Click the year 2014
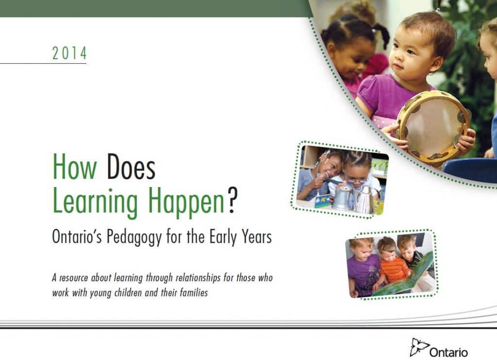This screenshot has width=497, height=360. [69, 53]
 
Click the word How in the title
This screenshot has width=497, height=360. [74, 167]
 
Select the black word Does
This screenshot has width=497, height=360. [131, 167]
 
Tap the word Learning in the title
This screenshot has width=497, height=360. [95, 202]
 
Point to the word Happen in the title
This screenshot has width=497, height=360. [186, 202]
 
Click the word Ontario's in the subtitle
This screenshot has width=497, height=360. [77, 237]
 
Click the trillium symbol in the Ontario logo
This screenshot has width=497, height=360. [419, 347]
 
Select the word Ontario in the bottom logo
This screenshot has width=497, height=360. [448, 352]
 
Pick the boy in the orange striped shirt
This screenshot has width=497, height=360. [392, 263]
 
